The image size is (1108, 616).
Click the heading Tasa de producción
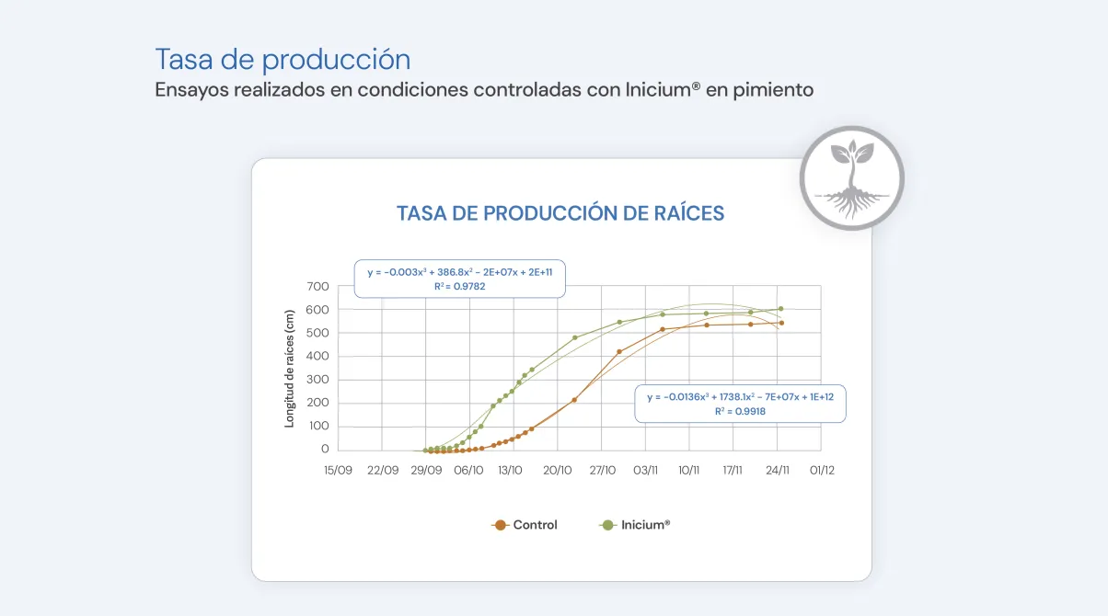point(283,60)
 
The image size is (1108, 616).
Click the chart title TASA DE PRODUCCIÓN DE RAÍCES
point(560,213)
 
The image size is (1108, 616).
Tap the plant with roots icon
point(851,178)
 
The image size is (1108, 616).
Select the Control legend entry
point(525,525)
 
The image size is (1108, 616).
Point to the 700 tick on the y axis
point(318,287)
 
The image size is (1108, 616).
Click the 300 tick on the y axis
point(318,380)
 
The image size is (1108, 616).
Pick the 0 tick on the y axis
point(325,450)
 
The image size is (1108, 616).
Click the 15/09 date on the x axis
point(338,470)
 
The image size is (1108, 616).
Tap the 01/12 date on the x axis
point(822,470)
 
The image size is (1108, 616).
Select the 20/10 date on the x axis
point(558,470)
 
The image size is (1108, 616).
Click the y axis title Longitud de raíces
point(289,369)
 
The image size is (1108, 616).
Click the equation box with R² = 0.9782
point(460,279)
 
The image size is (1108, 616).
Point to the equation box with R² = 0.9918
point(740,404)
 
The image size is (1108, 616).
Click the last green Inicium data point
point(780,309)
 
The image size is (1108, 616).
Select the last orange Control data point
point(780,323)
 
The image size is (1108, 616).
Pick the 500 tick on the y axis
point(318,333)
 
